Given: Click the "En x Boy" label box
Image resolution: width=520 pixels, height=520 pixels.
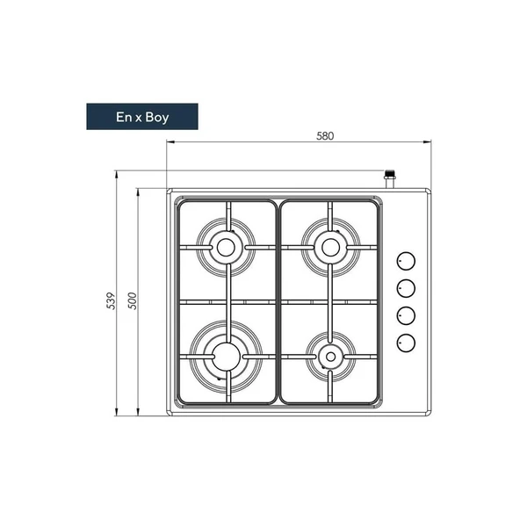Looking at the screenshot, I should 141,117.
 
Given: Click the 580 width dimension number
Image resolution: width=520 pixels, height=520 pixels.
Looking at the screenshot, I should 326,136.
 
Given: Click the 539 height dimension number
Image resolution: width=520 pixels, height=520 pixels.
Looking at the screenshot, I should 111,300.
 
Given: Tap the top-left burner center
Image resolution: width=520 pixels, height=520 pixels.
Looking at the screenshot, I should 227,248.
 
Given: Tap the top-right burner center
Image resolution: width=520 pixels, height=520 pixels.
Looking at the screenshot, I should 330,248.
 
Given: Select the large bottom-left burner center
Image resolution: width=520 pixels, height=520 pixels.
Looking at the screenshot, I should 227,356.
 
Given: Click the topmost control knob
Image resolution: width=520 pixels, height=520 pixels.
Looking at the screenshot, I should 406,261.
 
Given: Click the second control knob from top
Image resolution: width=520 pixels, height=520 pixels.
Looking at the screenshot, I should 406,287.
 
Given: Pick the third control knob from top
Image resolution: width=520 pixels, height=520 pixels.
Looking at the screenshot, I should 406,314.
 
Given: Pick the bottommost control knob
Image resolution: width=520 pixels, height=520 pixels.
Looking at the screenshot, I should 406,342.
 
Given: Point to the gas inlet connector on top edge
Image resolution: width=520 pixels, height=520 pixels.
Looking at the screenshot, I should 390,178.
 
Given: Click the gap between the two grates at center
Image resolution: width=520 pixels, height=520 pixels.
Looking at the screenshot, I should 278,303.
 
